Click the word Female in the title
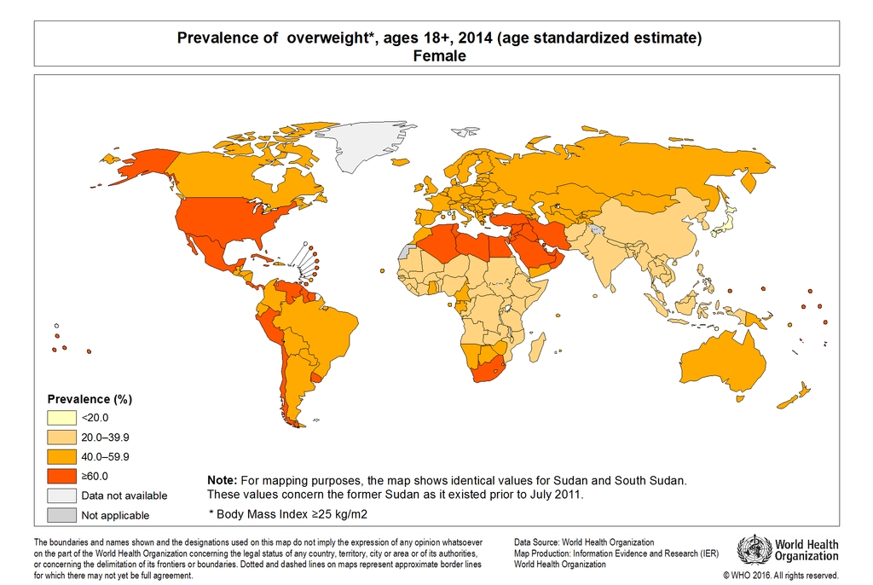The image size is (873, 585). [439, 56]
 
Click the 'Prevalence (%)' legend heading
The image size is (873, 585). [90, 399]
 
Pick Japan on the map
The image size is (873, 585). [725, 223]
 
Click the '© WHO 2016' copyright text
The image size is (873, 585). [780, 576]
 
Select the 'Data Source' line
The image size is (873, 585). [584, 542]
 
